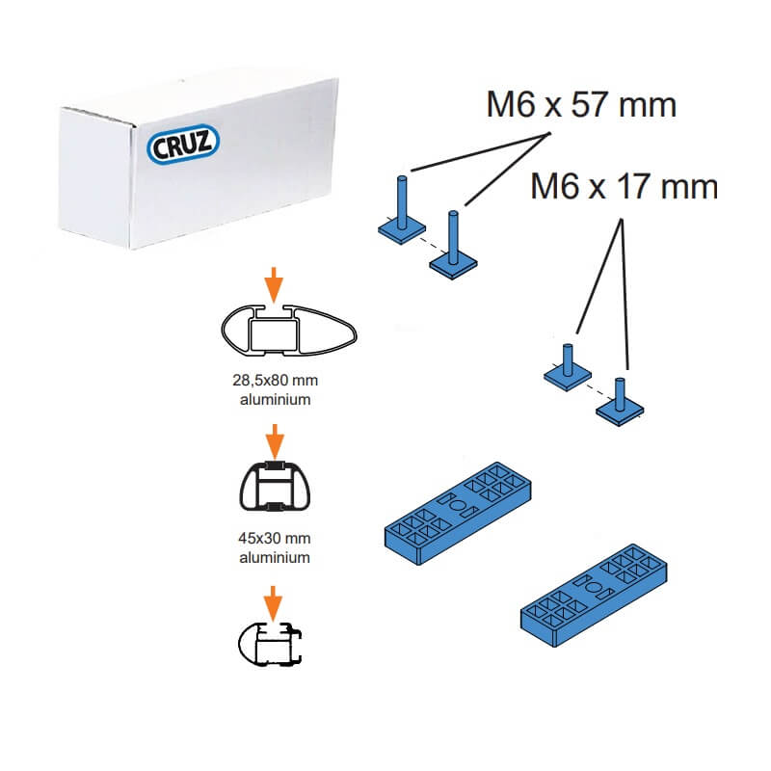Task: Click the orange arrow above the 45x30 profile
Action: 275,440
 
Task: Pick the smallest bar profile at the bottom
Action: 270,644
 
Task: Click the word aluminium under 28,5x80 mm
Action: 275,399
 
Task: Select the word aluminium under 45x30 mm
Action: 276,557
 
